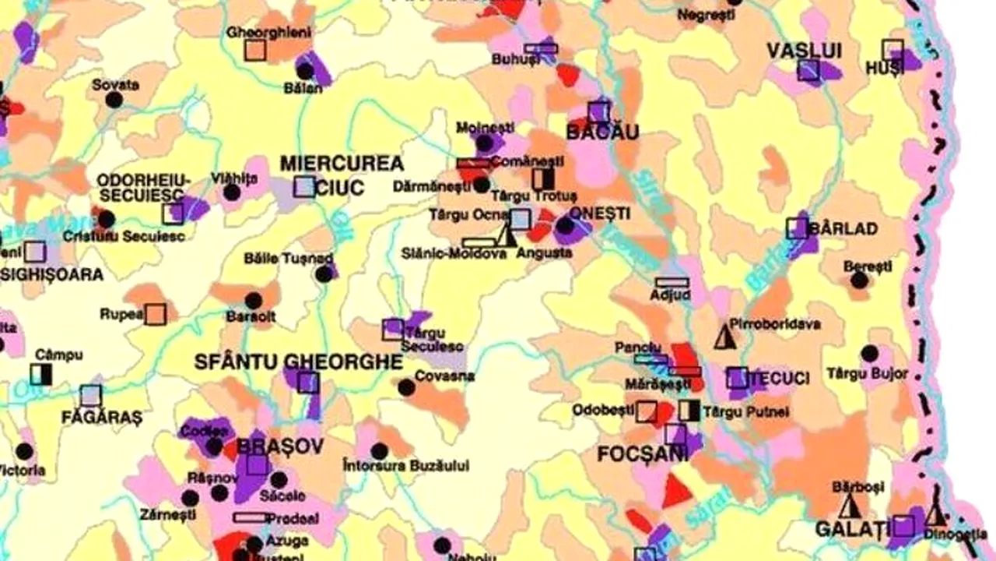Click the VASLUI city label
805,51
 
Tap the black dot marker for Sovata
114,100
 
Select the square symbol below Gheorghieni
255,50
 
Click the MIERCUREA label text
342,164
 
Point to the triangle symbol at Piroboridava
725,337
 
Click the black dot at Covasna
406,387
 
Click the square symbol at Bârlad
797,228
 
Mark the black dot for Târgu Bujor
870,353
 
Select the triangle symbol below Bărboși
850,508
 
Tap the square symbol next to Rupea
156,314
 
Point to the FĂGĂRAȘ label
102,418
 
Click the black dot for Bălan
305,71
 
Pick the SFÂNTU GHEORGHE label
299,362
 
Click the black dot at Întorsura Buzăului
379,451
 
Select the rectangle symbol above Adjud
672,282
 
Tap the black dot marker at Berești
859,280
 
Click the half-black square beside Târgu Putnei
689,411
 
